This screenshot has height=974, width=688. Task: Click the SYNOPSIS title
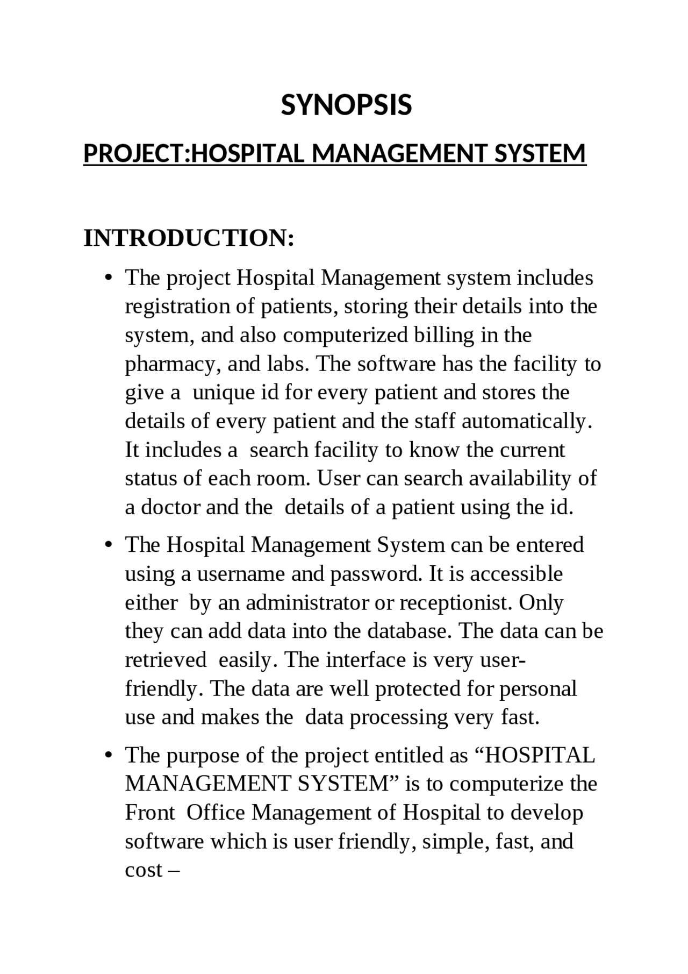click(x=346, y=105)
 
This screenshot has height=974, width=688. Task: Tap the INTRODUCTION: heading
click(x=189, y=238)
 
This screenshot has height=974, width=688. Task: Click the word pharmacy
click(x=173, y=364)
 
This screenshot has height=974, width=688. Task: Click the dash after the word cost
click(x=173, y=870)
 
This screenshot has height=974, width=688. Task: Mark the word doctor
click(x=170, y=507)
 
